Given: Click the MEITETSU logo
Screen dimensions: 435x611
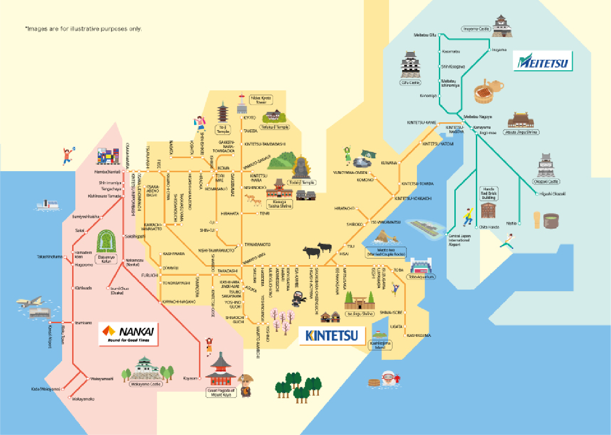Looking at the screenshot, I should pyautogui.click(x=543, y=61).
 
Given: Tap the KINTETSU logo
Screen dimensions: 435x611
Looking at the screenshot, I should pyautogui.click(x=332, y=335).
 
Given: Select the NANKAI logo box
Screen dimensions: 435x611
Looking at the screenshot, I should pyautogui.click(x=128, y=334).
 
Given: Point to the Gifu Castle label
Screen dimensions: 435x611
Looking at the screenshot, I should pyautogui.click(x=410, y=83).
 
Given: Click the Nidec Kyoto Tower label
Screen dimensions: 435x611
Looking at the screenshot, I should pyautogui.click(x=261, y=100).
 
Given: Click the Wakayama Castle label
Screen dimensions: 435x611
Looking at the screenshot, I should pyautogui.click(x=146, y=384).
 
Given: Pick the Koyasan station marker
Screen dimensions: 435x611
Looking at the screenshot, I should pyautogui.click(x=200, y=378).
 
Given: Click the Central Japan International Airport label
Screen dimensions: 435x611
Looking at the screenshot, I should pyautogui.click(x=459, y=241).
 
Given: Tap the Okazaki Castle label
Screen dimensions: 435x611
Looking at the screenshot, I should pyautogui.click(x=546, y=182).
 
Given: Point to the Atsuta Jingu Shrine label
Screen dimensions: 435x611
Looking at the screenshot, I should pyautogui.click(x=521, y=132).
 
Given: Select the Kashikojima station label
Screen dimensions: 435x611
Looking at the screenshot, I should pyautogui.click(x=419, y=335).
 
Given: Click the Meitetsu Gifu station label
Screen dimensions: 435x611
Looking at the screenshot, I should pyautogui.click(x=425, y=35).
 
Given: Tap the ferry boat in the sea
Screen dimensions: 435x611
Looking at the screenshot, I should pyautogui.click(x=48, y=205).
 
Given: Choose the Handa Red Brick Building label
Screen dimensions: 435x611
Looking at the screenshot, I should pyautogui.click(x=488, y=194).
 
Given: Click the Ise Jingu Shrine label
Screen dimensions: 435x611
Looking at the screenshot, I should pyautogui.click(x=360, y=314).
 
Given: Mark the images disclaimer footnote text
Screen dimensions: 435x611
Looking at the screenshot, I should pyautogui.click(x=83, y=29).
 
